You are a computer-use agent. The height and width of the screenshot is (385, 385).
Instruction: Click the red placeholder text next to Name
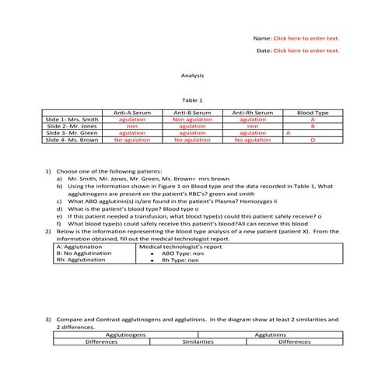point(306,38)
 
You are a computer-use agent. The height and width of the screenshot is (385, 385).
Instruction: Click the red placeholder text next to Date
point(306,51)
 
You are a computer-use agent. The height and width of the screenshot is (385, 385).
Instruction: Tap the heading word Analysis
point(191,75)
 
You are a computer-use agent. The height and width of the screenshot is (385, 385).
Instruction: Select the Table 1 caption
point(191,100)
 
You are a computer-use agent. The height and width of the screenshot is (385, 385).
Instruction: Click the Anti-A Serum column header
point(131,113)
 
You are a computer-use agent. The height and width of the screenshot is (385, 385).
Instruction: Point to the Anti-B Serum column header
point(191,113)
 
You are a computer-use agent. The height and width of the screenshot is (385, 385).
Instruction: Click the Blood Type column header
point(313,113)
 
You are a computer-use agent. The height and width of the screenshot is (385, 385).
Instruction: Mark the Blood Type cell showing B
point(313,126)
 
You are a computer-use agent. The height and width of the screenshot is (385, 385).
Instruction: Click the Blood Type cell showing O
point(313,140)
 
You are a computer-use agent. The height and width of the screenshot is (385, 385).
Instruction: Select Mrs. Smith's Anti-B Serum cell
point(191,120)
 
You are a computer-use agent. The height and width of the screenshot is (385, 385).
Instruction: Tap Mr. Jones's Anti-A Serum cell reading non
point(131,126)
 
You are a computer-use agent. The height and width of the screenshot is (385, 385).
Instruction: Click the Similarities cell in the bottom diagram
point(198,341)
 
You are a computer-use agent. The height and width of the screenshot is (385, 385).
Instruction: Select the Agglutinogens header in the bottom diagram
point(125,334)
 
